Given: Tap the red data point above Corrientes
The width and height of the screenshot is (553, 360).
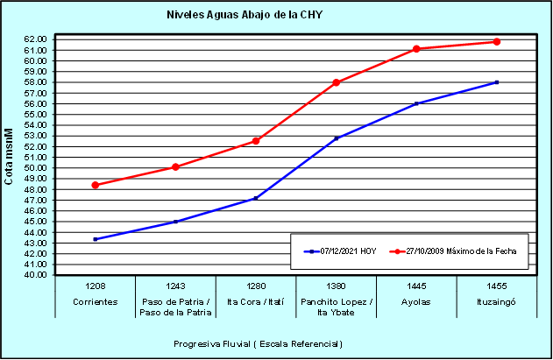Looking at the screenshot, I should pyautogui.click(x=95, y=185).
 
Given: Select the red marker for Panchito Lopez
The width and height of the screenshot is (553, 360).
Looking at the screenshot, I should pyautogui.click(x=337, y=82).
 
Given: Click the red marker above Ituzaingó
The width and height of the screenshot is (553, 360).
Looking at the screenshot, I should pyautogui.click(x=497, y=42).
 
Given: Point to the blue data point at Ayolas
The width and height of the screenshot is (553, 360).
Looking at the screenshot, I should pyautogui.click(x=416, y=103).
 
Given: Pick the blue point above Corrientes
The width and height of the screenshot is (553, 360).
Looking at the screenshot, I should pyautogui.click(x=95, y=239).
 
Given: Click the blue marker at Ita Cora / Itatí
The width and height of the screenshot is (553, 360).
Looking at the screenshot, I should pyautogui.click(x=256, y=198).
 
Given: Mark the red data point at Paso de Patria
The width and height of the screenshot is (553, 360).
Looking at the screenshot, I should pyautogui.click(x=175, y=166).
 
